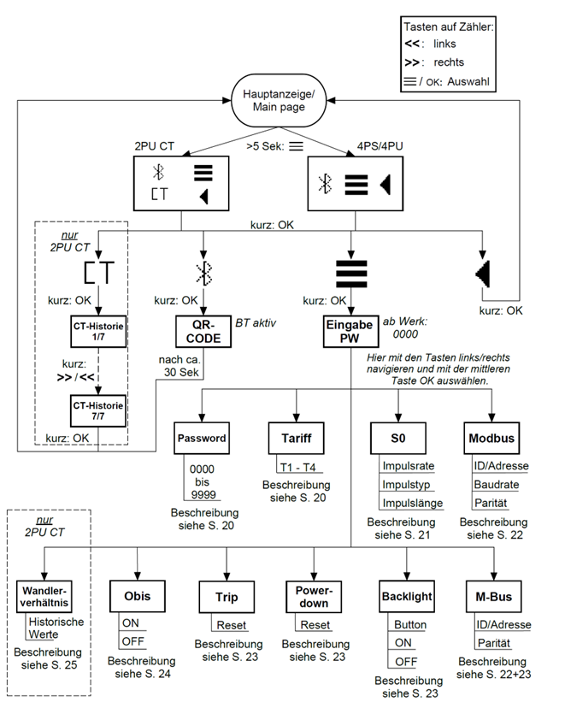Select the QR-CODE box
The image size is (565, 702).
pyautogui.click(x=203, y=331)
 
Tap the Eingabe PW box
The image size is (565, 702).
pyautogui.click(x=350, y=331)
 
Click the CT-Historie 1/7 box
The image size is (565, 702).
pyautogui.click(x=98, y=333)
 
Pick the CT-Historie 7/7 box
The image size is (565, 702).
pyautogui.click(x=98, y=408)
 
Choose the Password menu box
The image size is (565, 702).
pyautogui.click(x=203, y=438)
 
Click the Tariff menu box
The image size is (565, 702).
pyautogui.click(x=295, y=438)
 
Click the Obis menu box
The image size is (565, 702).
pyautogui.click(x=137, y=596)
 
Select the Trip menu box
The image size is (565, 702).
pyautogui.click(x=227, y=596)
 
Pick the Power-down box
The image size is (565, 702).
pyautogui.click(x=313, y=596)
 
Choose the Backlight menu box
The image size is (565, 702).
pyautogui.click(x=406, y=596)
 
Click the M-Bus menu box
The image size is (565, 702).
pyautogui.click(x=494, y=596)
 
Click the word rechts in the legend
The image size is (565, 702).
pyautogui.click(x=450, y=62)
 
